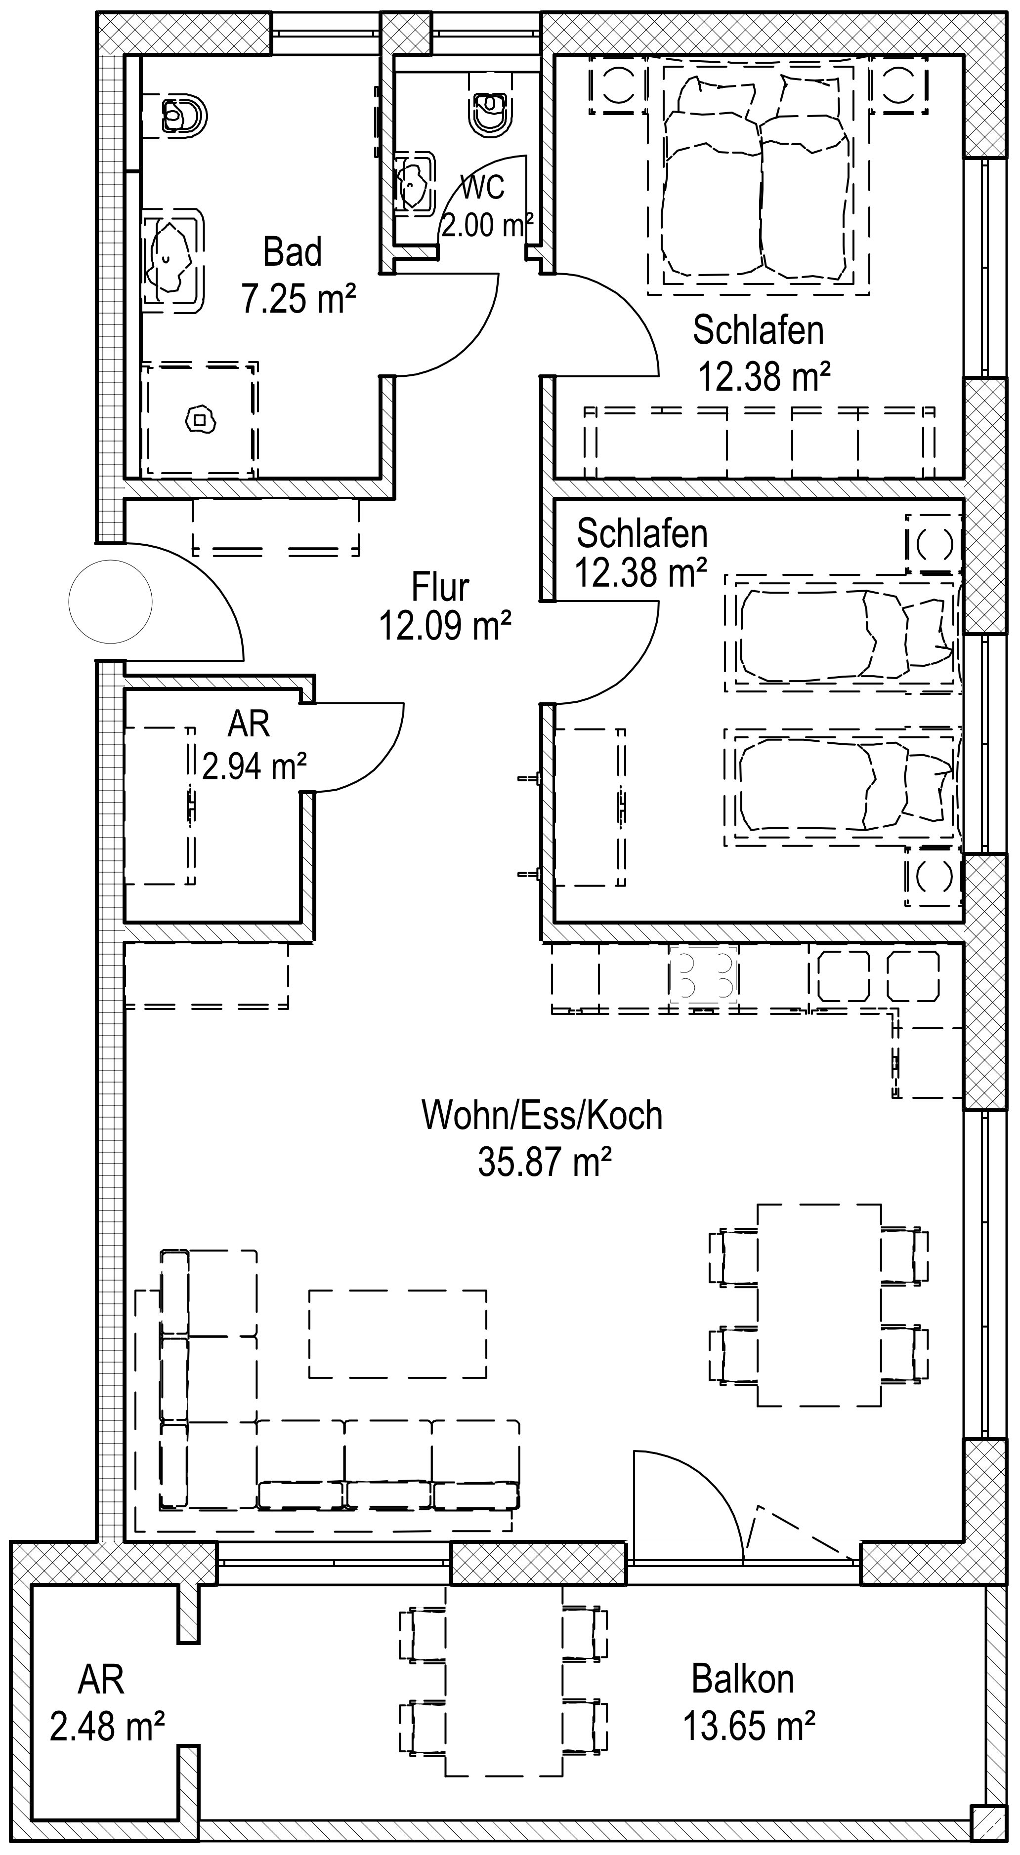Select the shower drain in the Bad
point(201,419)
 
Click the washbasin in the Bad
point(173,259)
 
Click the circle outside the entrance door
point(110,601)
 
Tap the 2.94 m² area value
point(255,767)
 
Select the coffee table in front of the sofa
point(398,1333)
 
